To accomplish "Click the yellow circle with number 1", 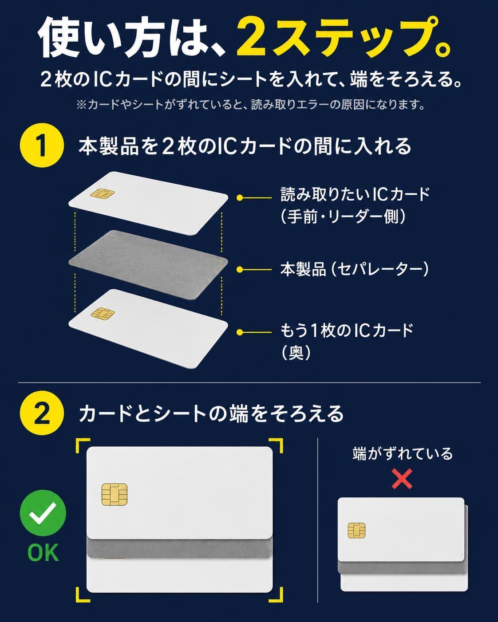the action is [42, 145].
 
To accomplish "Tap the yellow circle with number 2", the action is [42, 413].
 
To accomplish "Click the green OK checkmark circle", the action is [43, 513].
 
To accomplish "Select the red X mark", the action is [402, 479].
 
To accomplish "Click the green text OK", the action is [43, 553].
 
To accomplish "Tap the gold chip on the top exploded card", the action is [102, 193].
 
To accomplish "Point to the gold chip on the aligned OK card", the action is [115, 494].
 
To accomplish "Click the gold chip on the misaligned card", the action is [356, 530].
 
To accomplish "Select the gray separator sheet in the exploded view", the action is [148, 264].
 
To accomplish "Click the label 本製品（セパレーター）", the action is [355, 269].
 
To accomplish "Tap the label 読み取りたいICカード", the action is [356, 194].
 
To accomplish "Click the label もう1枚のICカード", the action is [347, 331].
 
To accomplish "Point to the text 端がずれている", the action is [402, 453].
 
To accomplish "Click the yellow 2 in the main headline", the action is [251, 39].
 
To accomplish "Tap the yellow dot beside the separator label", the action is [239, 269].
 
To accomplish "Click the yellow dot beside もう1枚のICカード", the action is [239, 332].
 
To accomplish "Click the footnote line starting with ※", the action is [250, 104].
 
